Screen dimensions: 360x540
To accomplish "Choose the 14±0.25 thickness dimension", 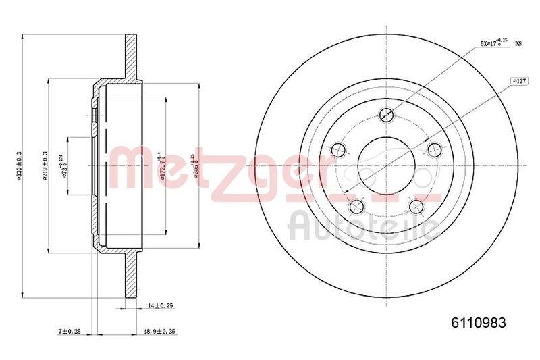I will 160,307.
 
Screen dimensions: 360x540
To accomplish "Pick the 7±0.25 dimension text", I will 70,332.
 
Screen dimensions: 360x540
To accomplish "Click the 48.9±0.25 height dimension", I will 161,332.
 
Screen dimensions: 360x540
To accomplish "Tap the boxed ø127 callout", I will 519,80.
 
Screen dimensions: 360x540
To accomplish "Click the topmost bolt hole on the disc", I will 387,114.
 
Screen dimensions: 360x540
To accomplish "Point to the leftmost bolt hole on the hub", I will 337,149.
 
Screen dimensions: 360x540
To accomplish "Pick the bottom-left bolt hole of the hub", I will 356,206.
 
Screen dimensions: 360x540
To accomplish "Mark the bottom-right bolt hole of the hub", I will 416,206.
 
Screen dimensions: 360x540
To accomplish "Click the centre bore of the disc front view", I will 386,166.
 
